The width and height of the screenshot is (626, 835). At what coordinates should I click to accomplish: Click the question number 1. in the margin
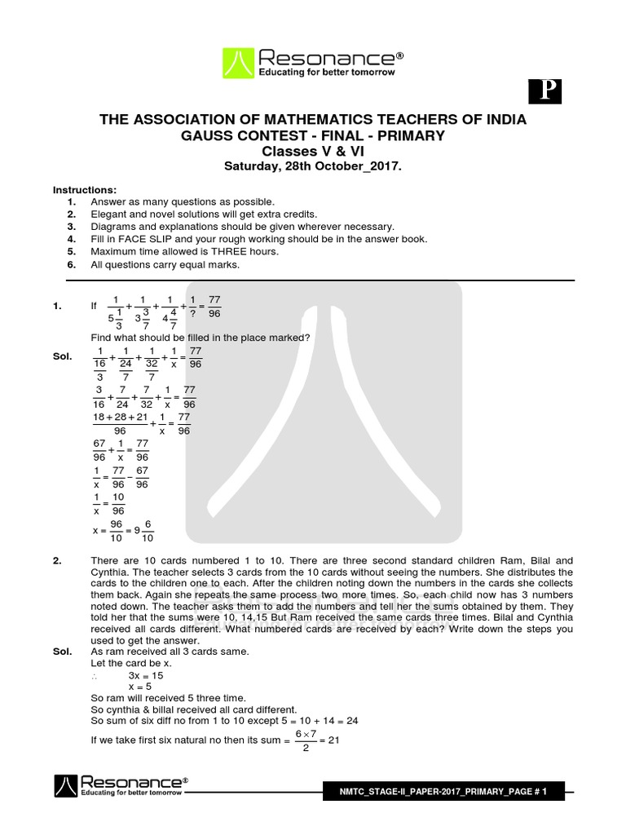coord(58,307)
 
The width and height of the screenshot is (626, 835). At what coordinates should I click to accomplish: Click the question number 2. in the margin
coord(58,561)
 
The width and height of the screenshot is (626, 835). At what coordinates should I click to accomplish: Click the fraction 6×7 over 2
coord(304,741)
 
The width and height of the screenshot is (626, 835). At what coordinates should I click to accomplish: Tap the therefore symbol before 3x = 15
coord(95,677)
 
